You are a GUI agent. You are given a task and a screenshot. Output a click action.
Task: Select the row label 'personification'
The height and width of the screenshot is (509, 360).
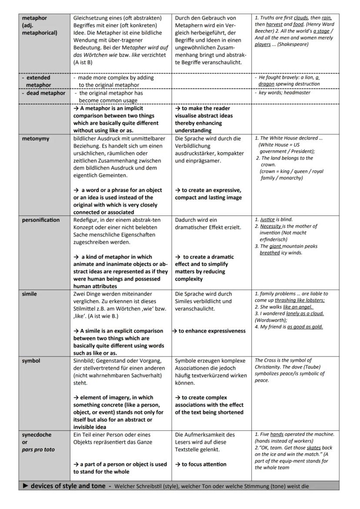[x=41, y=220]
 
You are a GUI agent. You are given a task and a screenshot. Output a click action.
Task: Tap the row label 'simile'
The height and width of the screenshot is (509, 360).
[x=30, y=294]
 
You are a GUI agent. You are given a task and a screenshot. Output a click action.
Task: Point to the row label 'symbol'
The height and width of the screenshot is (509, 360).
[x=31, y=361]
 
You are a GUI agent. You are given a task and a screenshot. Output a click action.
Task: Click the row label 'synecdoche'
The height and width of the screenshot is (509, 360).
[x=37, y=435]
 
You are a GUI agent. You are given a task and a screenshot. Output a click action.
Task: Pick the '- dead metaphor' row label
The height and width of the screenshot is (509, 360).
[x=43, y=93]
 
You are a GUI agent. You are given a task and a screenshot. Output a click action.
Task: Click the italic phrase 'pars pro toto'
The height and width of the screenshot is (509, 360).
[x=38, y=449]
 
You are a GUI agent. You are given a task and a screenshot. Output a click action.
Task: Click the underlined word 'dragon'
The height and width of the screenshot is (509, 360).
[x=266, y=83]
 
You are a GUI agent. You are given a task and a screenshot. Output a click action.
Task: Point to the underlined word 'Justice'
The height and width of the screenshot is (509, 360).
[x=267, y=220]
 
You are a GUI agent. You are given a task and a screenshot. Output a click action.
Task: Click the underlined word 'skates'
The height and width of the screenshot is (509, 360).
[x=313, y=448]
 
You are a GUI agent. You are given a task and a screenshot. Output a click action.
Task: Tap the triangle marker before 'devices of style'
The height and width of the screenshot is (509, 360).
[x=25, y=486]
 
